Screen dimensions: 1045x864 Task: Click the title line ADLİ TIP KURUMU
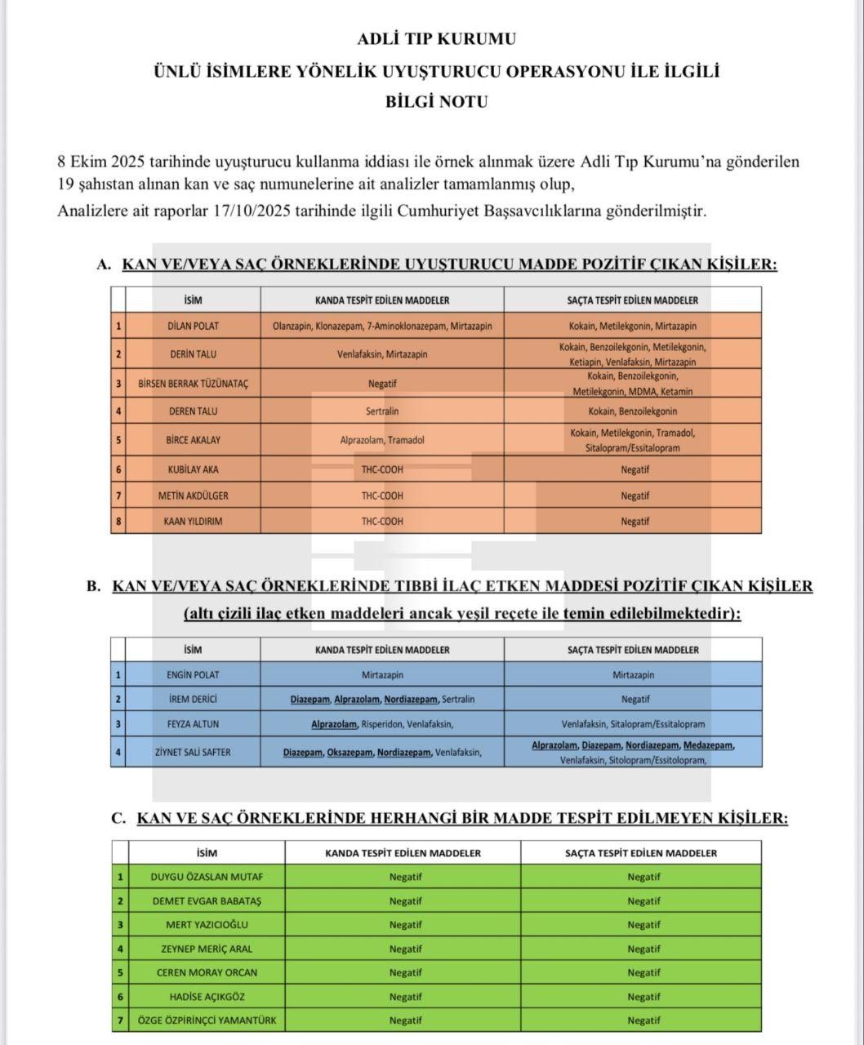436,38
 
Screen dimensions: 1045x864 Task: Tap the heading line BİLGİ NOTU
436,102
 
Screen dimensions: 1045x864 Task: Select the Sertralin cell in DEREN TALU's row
382,411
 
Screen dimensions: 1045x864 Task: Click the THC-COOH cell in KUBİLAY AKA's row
382,469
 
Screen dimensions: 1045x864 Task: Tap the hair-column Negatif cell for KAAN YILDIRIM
635,521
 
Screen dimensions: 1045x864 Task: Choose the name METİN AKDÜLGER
193,496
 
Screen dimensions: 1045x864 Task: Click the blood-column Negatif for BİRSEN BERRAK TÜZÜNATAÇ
382,383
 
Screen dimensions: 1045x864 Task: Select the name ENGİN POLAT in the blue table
193,675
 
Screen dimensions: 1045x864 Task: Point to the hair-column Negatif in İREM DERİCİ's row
635,699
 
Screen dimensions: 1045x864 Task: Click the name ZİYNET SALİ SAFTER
193,752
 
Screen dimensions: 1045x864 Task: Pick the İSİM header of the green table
207,853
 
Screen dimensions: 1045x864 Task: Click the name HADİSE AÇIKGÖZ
207,997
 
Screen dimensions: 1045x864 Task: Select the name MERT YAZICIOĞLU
207,925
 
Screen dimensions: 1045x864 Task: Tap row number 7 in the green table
120,1021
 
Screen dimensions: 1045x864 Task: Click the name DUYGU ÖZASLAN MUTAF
207,878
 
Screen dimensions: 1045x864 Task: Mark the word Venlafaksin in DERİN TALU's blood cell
360,354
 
